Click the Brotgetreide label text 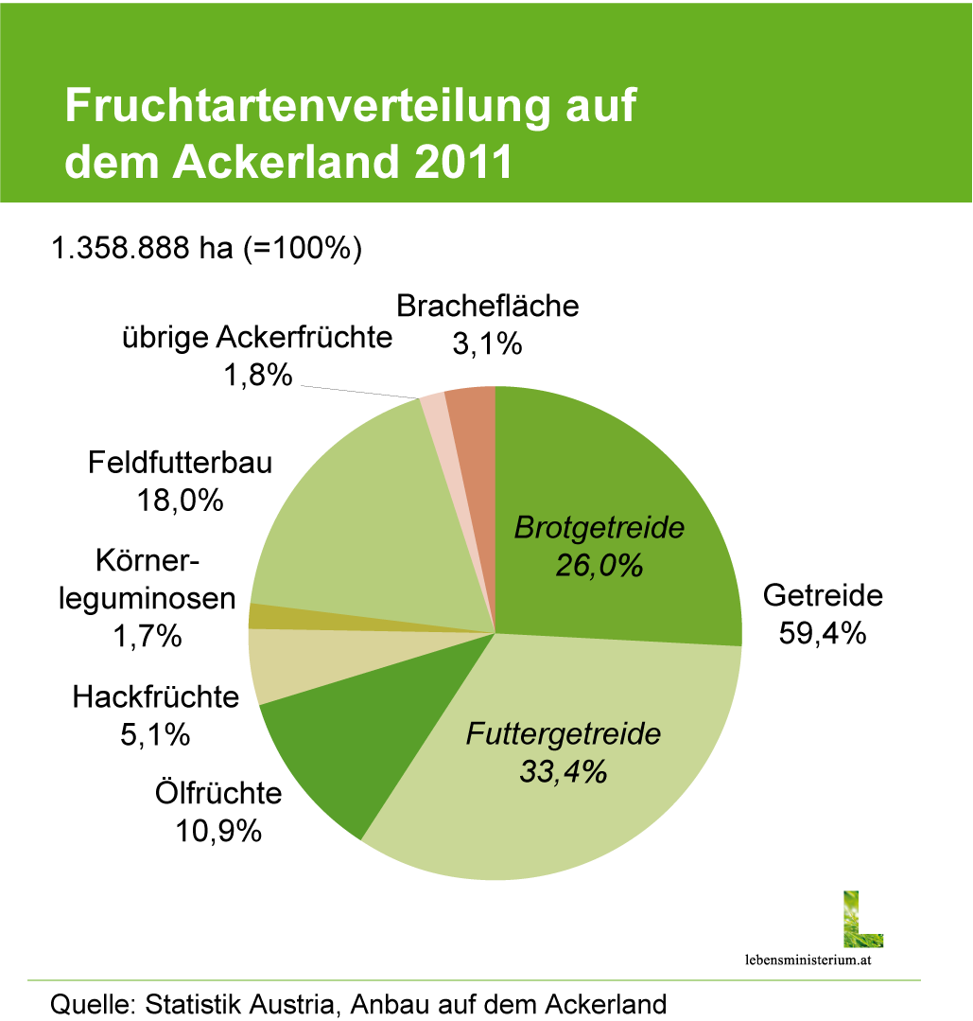tap(598, 528)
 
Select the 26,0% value tap(599, 567)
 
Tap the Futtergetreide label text tap(564, 734)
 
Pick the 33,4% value tap(563, 772)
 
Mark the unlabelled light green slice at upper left tap(350, 530)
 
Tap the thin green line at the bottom tap(473, 980)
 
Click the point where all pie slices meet tap(495, 633)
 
